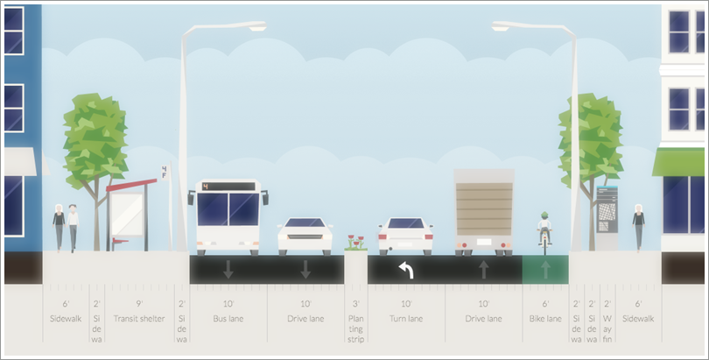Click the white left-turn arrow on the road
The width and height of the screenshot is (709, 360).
(405, 270)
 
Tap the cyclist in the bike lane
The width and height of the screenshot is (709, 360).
(544, 229)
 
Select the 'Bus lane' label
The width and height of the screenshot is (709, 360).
(228, 319)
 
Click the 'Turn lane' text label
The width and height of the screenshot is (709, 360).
(405, 319)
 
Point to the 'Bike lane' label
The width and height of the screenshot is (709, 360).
(545, 319)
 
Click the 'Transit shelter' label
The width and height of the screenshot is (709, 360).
(138, 319)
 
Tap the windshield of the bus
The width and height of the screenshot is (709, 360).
(228, 208)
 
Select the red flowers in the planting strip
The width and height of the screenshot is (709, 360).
(354, 240)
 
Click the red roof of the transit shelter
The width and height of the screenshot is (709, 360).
(131, 184)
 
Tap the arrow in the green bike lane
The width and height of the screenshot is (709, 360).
(545, 270)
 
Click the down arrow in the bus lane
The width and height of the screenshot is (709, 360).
(228, 270)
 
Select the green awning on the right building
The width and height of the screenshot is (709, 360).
(678, 162)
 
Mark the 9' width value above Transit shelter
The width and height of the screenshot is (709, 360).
(138, 303)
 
